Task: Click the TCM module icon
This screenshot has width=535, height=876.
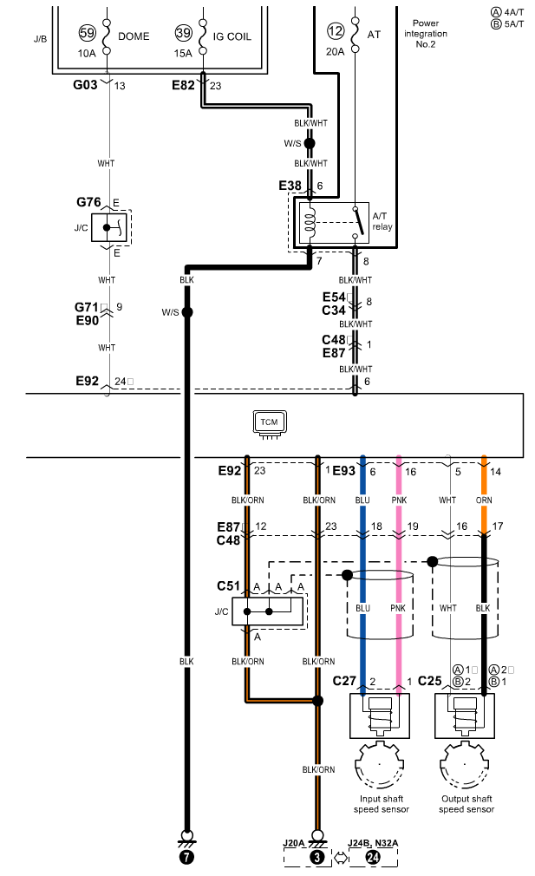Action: coord(269,423)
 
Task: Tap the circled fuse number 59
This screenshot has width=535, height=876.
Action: coord(87,33)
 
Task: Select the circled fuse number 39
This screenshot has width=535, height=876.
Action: coord(183,33)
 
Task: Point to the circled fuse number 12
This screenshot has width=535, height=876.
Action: coord(335,31)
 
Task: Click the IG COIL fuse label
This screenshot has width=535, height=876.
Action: coord(232,37)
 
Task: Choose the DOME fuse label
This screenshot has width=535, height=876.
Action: coord(134,36)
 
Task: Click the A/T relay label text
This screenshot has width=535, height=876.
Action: coord(382,221)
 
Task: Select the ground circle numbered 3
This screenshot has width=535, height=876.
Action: coord(317,856)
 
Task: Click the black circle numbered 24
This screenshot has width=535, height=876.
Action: coord(373,856)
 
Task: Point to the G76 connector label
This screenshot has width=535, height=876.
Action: coord(88,202)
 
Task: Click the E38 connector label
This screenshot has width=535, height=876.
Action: coord(290,186)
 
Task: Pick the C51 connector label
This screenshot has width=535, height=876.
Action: coord(228,586)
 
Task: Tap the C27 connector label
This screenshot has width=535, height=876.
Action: coord(344,681)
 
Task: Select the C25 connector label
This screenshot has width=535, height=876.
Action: coord(429,681)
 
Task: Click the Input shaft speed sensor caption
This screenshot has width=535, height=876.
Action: coord(382,804)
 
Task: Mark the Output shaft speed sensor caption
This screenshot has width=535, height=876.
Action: coord(466,804)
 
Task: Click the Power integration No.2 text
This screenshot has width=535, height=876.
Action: coord(426,34)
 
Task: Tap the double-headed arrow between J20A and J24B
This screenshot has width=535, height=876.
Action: coord(341,856)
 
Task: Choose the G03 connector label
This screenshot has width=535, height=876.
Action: coord(85,85)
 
